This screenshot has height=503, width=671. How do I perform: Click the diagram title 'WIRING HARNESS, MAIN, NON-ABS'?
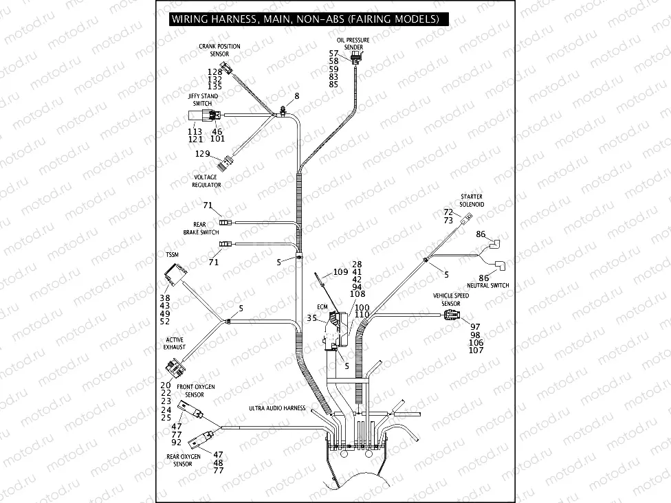pyautogui.click(x=305, y=19)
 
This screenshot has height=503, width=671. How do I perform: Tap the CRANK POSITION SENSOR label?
pyautogui.click(x=219, y=50)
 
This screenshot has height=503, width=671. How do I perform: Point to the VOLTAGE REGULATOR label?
pyautogui.click(x=206, y=181)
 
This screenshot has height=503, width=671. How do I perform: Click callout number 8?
pyautogui.click(x=297, y=96)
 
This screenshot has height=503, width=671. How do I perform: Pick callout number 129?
pyautogui.click(x=202, y=154)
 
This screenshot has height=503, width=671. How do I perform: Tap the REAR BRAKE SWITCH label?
pyautogui.click(x=201, y=229)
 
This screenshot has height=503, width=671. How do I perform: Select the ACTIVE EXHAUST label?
pyautogui.click(x=175, y=344)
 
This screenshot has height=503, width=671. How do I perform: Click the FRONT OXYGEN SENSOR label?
pyautogui.click(x=195, y=391)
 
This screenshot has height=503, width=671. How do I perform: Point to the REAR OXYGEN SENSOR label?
pyautogui.click(x=184, y=460)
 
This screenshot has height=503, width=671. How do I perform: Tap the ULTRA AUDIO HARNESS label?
pyautogui.click(x=277, y=408)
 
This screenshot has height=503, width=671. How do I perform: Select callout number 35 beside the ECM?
pyautogui.click(x=312, y=319)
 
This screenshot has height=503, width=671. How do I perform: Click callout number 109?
pyautogui.click(x=341, y=273)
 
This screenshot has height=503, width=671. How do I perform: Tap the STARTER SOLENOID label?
pyautogui.click(x=472, y=201)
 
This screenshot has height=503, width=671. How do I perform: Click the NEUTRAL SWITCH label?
pyautogui.click(x=487, y=285)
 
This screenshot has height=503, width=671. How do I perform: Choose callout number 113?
pyautogui.click(x=195, y=131)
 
